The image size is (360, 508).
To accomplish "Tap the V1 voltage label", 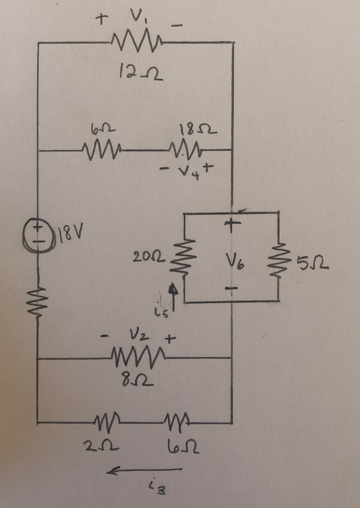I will [x=134, y=19].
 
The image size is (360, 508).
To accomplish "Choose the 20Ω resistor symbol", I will [x=178, y=256].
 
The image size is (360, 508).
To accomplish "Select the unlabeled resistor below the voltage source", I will [x=38, y=301].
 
